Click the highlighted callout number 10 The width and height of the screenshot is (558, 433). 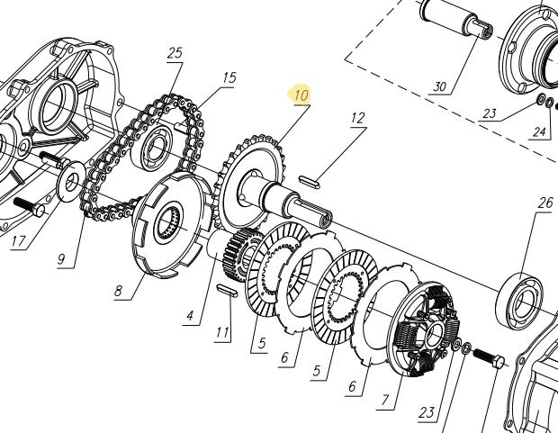(x=301, y=95)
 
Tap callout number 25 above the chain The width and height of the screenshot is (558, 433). (x=175, y=53)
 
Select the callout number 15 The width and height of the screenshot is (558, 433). (x=229, y=77)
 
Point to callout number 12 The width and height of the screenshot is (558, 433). (x=357, y=118)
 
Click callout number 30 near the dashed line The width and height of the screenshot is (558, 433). (x=439, y=86)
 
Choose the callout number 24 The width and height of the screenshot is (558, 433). (x=539, y=131)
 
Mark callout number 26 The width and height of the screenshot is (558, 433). (x=545, y=203)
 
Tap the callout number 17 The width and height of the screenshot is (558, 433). (x=19, y=241)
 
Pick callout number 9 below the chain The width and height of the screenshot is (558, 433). (x=61, y=259)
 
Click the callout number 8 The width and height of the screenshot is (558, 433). (x=118, y=291)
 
